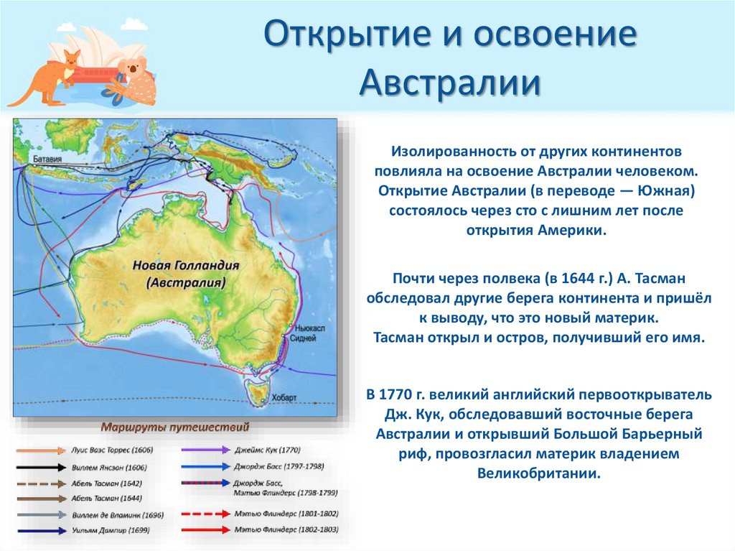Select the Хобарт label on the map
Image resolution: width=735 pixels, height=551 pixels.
click(x=283, y=397)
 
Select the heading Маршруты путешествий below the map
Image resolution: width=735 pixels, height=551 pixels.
click(x=175, y=427)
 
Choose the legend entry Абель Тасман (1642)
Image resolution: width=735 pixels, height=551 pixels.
click(x=107, y=482)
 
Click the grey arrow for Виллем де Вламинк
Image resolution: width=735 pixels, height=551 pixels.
click(x=42, y=514)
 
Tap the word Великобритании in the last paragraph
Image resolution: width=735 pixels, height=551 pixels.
click(x=537, y=474)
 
